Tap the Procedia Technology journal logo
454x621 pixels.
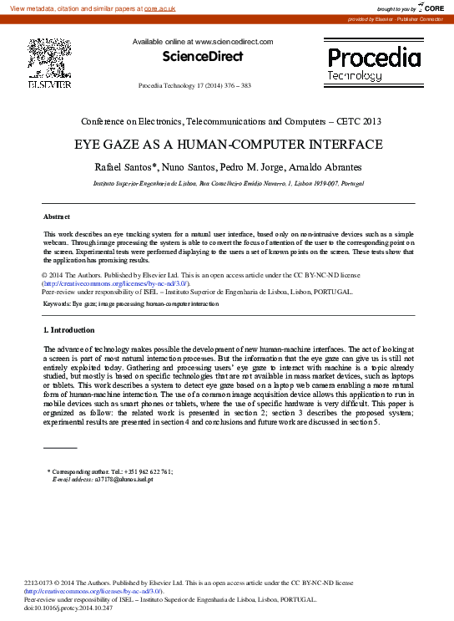[374, 64]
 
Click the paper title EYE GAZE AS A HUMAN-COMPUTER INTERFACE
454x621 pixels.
[227, 144]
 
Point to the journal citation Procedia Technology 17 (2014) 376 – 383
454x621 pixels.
[194, 86]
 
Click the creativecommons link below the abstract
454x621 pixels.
[108, 284]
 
